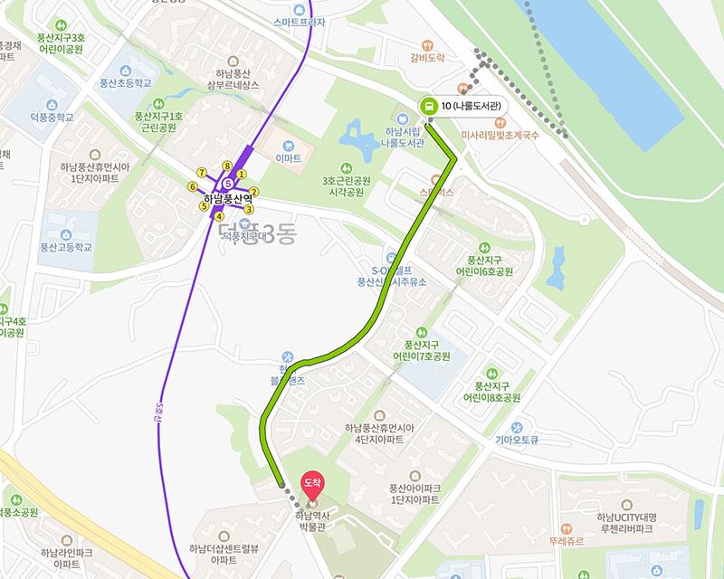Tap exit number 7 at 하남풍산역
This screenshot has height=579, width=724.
pyautogui.click(x=202, y=172)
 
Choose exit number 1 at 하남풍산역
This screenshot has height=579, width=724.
pyautogui.click(x=242, y=173)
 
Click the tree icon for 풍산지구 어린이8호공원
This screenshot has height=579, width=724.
pyautogui.click(x=491, y=372)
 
